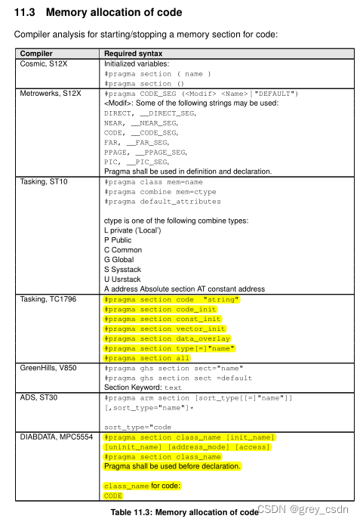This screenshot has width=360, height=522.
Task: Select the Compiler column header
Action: pyautogui.click(x=36, y=54)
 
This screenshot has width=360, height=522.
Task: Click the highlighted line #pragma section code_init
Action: pyautogui.click(x=160, y=309)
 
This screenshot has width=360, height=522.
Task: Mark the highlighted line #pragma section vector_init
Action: pyautogui.click(x=165, y=329)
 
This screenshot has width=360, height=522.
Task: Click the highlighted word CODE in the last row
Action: pyautogui.click(x=113, y=496)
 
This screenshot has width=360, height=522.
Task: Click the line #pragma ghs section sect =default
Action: pyautogui.click(x=177, y=378)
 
